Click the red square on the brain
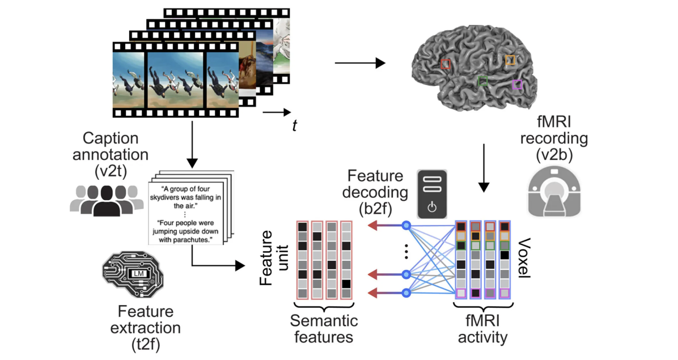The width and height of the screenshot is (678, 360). [446, 64]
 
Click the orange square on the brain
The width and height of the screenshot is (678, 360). [510, 60]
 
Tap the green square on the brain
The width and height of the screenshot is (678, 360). [482, 81]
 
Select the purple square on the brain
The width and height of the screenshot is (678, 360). [516, 85]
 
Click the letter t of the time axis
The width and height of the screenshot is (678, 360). [294, 126]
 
